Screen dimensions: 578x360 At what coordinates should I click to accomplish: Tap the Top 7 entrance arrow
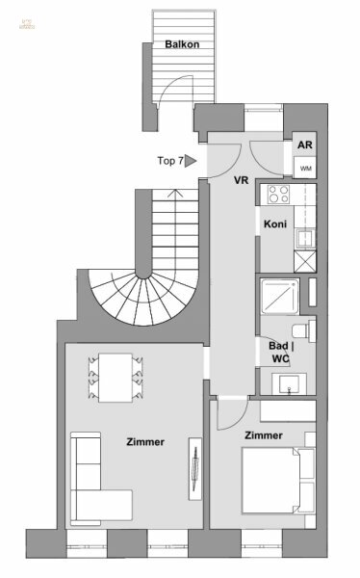191,162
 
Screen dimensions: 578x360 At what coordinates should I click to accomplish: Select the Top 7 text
168,162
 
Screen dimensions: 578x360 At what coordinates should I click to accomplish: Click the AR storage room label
305,145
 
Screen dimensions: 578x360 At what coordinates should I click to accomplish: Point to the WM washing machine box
305,169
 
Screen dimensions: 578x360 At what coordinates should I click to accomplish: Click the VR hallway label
242,180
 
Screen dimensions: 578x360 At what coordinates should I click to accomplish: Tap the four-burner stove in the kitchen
279,194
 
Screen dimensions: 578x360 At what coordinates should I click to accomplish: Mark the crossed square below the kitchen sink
304,260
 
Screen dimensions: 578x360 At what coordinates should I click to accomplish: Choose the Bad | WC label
280,351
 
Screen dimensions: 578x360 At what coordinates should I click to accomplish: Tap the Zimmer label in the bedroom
263,435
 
